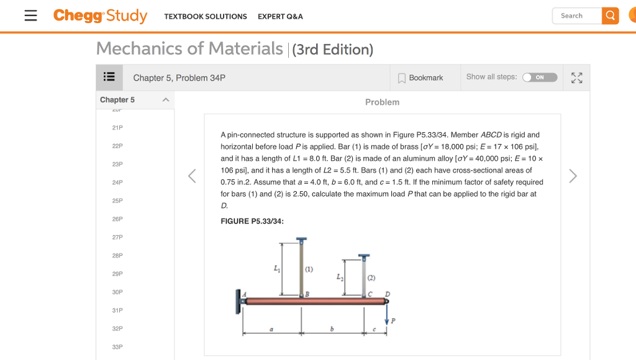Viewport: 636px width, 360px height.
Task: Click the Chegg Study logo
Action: pos(100,16)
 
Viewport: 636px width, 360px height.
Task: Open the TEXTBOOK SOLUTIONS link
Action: pos(206,17)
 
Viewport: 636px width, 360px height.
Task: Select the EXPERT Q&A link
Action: pos(280,17)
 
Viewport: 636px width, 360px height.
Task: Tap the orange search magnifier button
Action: pos(611,16)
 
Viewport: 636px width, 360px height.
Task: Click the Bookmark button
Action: pos(420,78)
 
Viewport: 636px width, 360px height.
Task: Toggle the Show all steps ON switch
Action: pos(539,78)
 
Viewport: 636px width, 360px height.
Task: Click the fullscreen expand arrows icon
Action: pos(577,78)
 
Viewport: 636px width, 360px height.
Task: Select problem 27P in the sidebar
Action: pos(117,237)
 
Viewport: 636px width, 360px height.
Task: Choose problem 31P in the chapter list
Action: pos(117,310)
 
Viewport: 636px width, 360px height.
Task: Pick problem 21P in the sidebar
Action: pos(117,128)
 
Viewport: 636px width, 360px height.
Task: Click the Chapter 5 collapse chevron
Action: pos(165,100)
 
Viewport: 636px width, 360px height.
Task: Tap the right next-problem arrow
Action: pos(573,176)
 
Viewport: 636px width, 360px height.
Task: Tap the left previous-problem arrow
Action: pos(192,176)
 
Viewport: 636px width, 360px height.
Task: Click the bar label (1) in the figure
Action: pos(309,269)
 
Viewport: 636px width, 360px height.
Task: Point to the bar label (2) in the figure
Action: pos(371,278)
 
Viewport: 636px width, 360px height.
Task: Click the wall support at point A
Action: pos(239,301)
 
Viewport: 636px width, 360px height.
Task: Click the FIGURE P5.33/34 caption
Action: pos(252,222)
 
